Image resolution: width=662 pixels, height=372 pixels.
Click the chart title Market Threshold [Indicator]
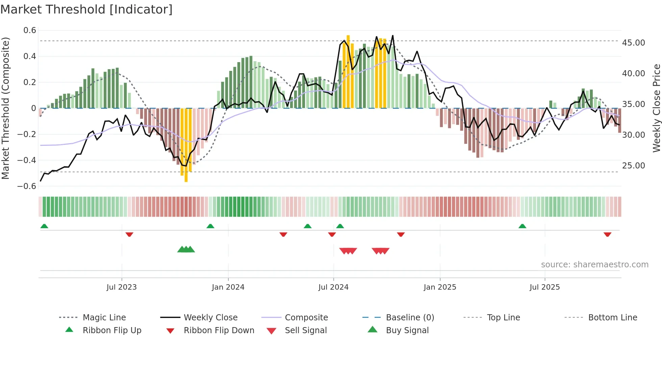[86, 9]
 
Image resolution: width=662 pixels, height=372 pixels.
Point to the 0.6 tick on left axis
[30, 30]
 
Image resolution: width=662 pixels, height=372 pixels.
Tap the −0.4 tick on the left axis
[27, 160]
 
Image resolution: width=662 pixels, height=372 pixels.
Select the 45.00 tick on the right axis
[633, 43]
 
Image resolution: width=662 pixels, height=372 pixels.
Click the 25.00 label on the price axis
[633, 166]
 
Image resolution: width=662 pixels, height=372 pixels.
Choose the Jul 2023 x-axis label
[122, 287]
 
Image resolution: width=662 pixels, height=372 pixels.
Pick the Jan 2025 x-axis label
[440, 287]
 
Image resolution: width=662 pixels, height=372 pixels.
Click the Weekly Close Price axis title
[656, 108]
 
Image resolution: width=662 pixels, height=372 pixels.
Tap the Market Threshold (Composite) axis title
[5, 108]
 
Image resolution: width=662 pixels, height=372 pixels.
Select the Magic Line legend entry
[104, 318]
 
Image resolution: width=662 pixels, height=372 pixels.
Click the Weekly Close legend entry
[210, 318]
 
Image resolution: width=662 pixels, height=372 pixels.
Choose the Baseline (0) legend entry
[410, 318]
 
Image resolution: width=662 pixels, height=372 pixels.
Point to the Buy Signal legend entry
[407, 330]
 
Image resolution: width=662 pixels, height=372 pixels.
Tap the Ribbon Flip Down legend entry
[219, 330]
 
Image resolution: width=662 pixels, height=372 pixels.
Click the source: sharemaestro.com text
[594, 265]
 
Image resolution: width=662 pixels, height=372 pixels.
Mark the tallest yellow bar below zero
[186, 145]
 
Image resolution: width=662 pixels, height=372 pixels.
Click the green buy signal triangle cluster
[186, 249]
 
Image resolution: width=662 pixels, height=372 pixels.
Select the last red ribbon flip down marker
[607, 234]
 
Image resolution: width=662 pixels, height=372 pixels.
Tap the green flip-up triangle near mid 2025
[522, 226]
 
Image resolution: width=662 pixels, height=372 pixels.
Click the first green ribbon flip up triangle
[44, 226]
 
